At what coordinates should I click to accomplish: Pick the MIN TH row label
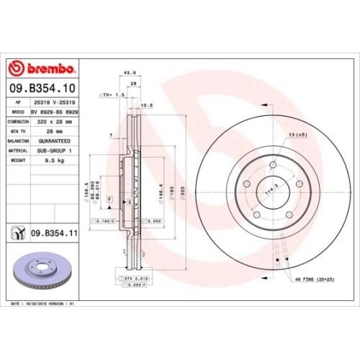click(x=17, y=132)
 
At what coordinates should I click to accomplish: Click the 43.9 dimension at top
click(x=130, y=73)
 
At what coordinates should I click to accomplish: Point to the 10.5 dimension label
click(x=146, y=105)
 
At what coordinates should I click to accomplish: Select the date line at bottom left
click(x=43, y=304)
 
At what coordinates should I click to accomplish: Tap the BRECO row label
click(x=17, y=113)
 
